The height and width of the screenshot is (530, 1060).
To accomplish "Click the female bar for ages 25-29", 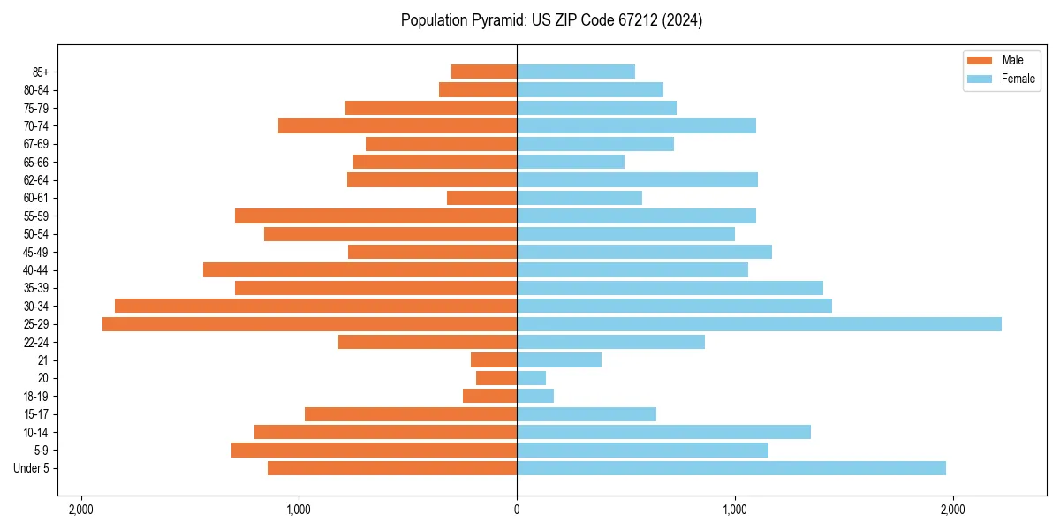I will coord(759,324).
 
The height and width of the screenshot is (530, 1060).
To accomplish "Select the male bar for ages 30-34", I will coord(315,306).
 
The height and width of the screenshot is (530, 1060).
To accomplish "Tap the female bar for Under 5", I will coord(731,468).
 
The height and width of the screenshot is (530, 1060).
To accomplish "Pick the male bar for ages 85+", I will coord(484,72).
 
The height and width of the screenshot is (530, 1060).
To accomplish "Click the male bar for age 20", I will coord(496,378).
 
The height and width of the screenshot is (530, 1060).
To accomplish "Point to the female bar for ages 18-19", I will coord(535,396).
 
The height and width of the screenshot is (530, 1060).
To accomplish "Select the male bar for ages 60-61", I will coord(481,198).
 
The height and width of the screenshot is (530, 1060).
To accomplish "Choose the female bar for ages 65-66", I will coord(571,162).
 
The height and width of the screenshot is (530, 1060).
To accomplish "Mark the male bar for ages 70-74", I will coord(397,125).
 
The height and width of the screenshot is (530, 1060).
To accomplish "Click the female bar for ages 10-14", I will coord(663,432).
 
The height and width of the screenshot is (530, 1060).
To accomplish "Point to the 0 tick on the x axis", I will coord(517,509).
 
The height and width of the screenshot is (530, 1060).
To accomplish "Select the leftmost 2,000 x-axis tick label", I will coord(81,509).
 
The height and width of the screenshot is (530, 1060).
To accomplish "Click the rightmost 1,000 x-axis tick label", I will coord(734,509).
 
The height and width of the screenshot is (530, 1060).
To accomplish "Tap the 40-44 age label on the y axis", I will coord(36,270).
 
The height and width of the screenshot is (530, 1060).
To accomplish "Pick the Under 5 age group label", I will coord(32,468).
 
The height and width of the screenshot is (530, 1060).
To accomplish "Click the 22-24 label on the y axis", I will coord(36,343).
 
